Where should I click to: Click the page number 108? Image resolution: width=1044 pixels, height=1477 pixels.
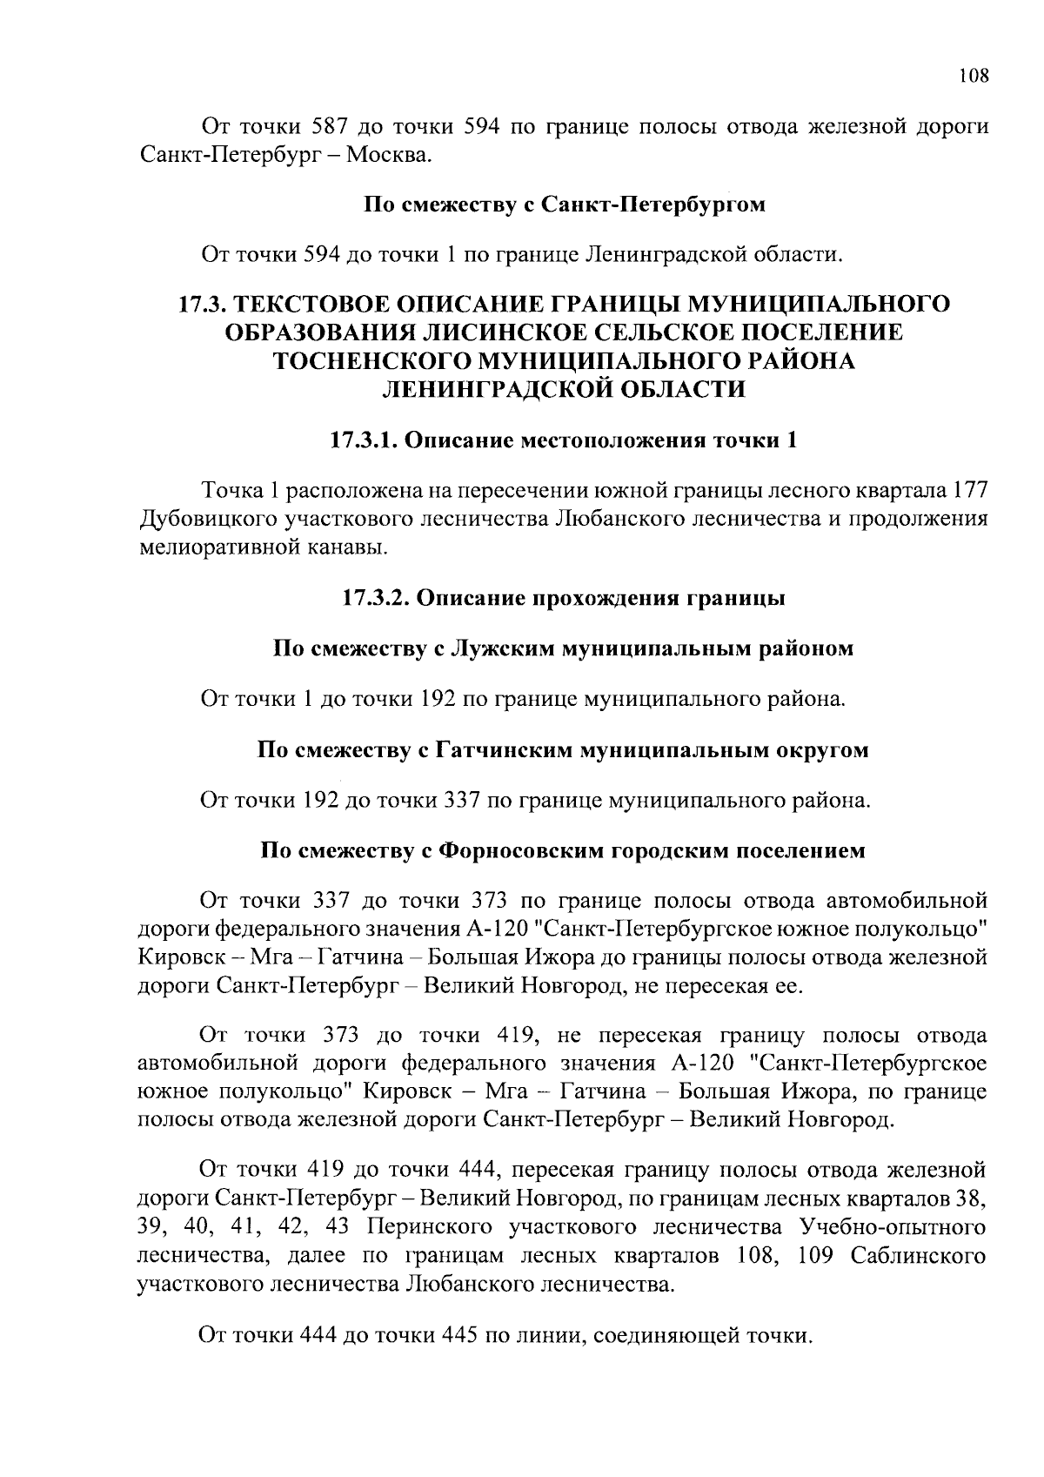tap(974, 76)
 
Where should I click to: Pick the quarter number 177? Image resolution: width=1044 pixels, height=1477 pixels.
tap(971, 491)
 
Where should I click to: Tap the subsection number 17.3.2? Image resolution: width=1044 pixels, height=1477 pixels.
tap(377, 599)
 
